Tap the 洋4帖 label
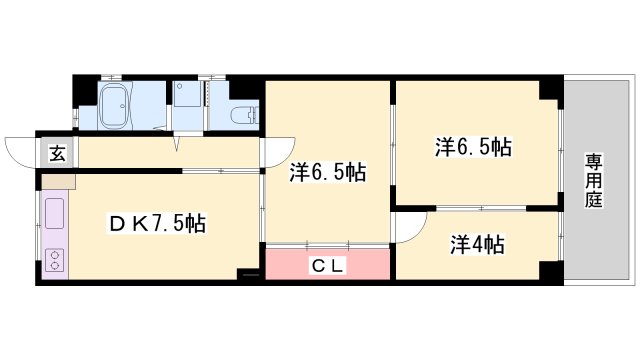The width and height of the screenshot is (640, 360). (476, 244)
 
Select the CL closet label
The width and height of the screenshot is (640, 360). (326, 266)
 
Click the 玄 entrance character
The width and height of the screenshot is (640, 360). (58, 153)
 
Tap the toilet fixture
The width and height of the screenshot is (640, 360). (243, 114)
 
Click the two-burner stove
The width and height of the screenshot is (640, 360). (54, 260)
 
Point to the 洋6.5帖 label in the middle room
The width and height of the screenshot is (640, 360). (327, 172)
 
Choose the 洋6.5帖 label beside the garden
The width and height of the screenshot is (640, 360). (473, 146)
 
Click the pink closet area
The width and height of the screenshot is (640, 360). (326, 266)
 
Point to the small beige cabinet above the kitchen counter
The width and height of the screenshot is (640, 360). (58, 183)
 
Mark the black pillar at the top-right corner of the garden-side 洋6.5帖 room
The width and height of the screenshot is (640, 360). (549, 89)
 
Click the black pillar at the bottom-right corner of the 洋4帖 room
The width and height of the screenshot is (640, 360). (548, 273)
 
